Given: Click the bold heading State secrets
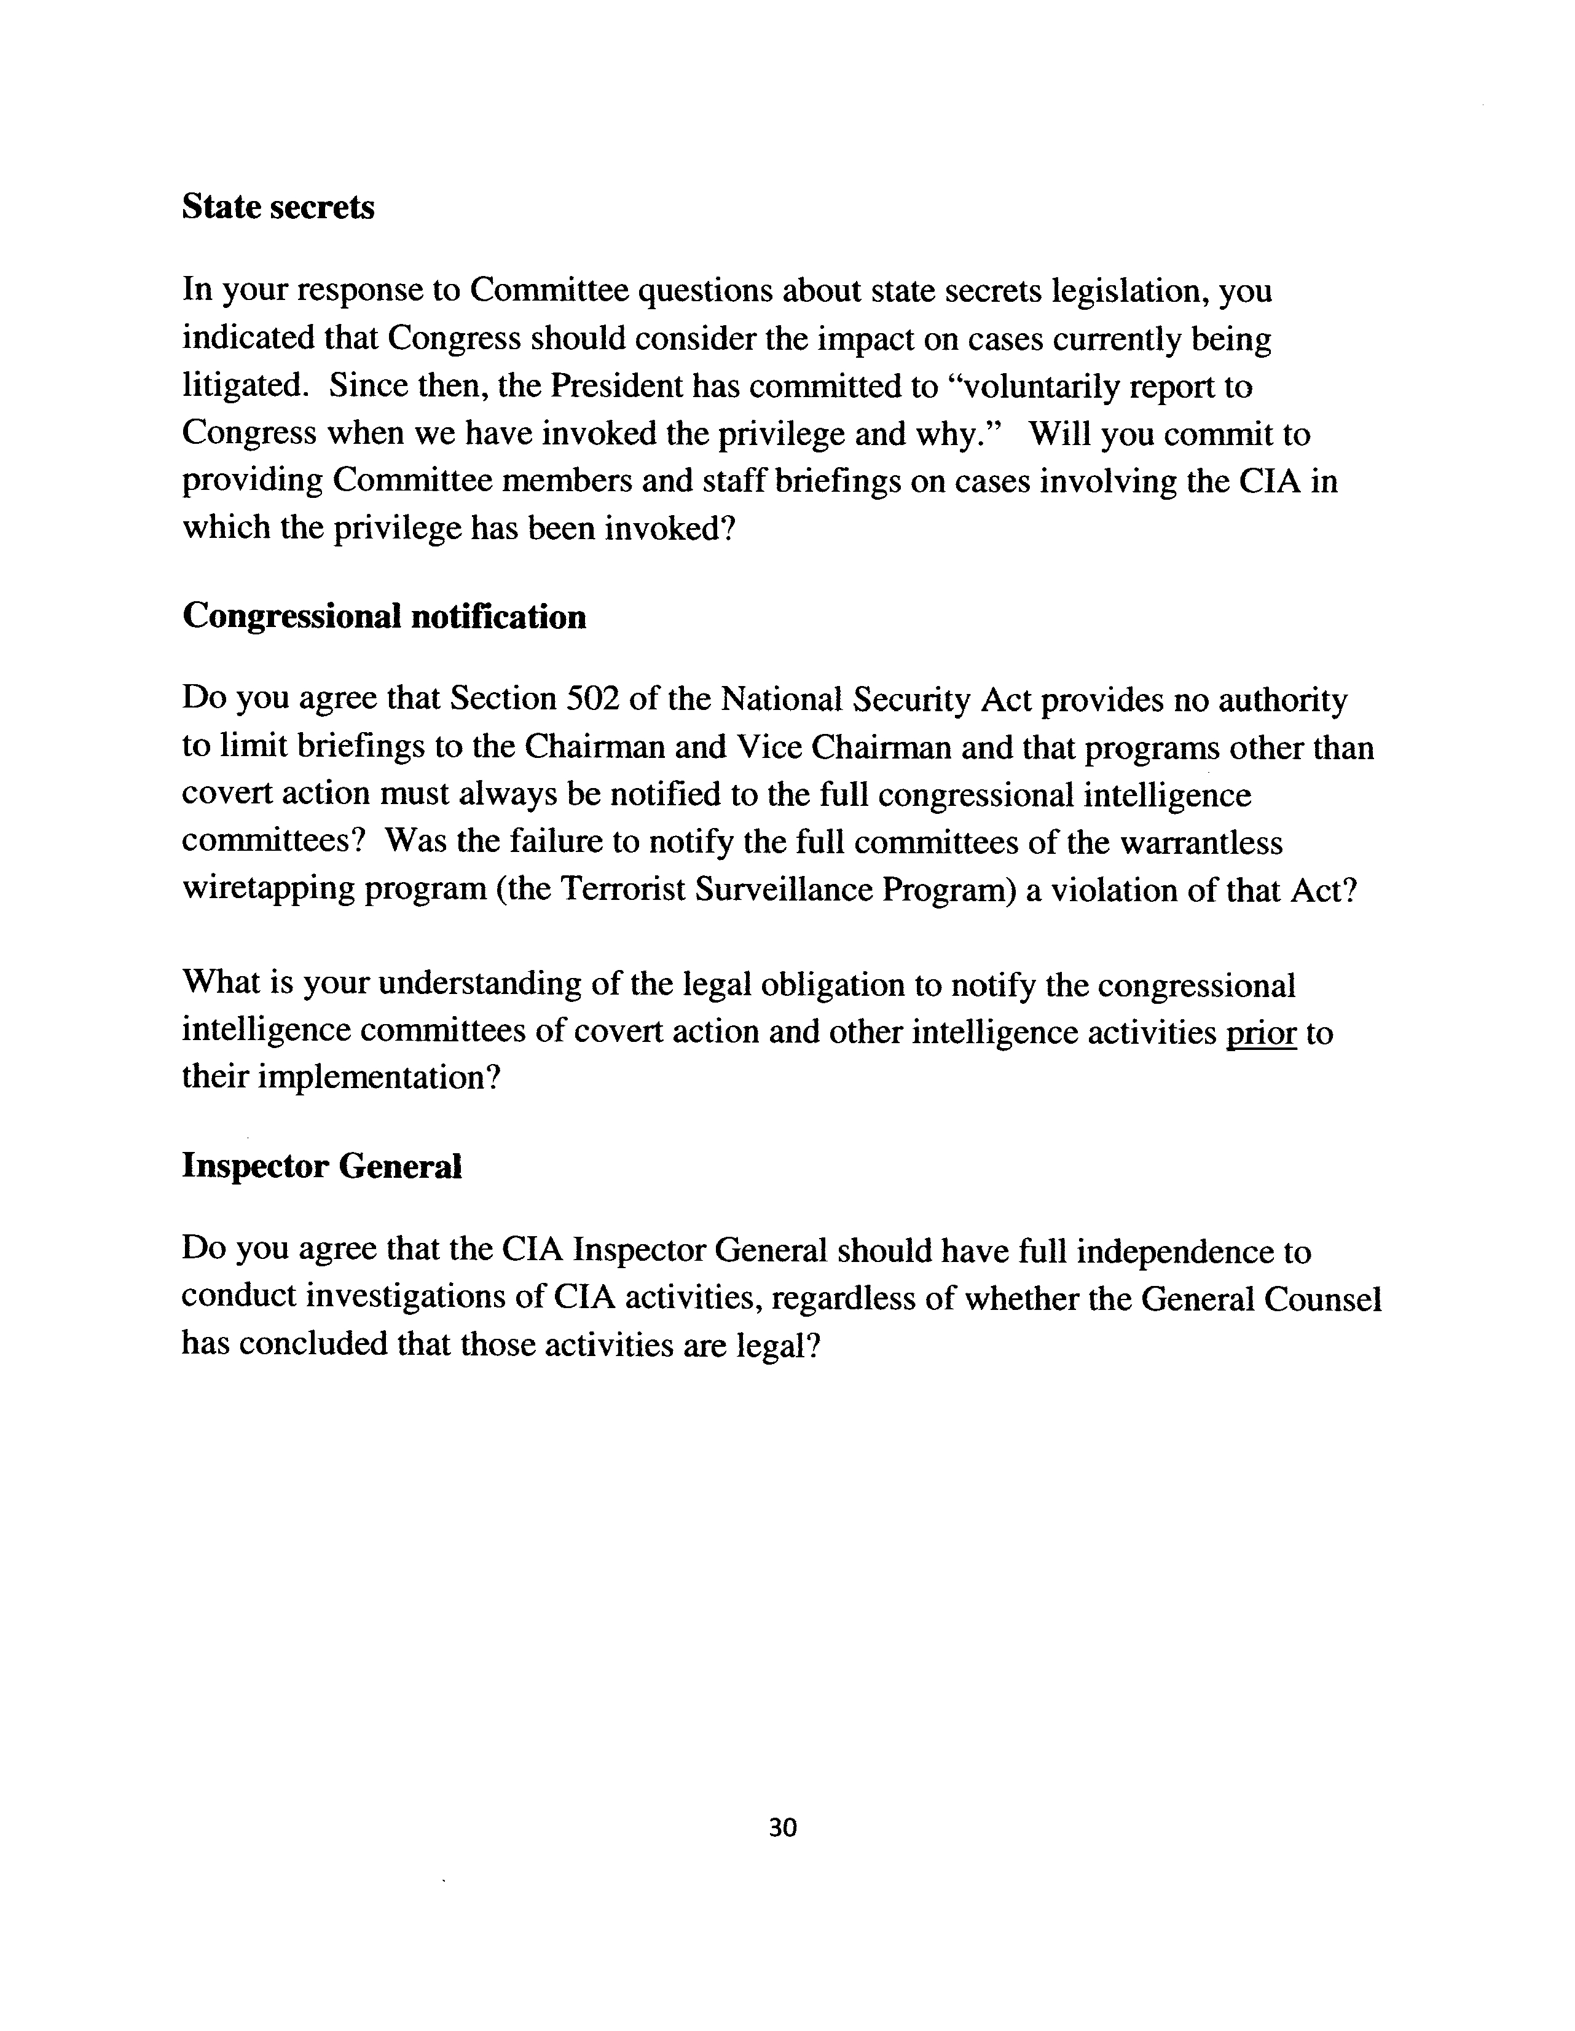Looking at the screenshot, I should click(x=278, y=207).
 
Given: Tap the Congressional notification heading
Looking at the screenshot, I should click(x=384, y=617).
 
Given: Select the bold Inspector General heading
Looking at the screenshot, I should click(x=321, y=1166).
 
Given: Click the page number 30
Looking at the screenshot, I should click(x=783, y=1828).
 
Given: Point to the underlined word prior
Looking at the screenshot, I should click(x=1261, y=1032).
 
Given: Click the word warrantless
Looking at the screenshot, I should click(x=1201, y=843).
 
